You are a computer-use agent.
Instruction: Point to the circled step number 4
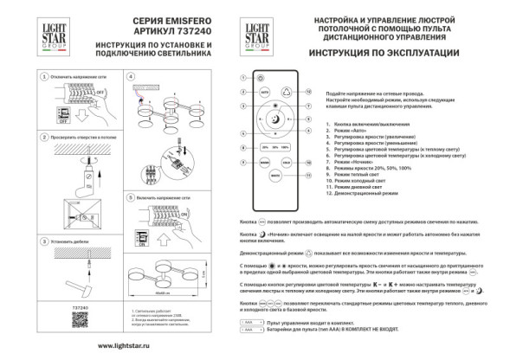[132, 76]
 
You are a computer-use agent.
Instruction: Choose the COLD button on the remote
[286, 162]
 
